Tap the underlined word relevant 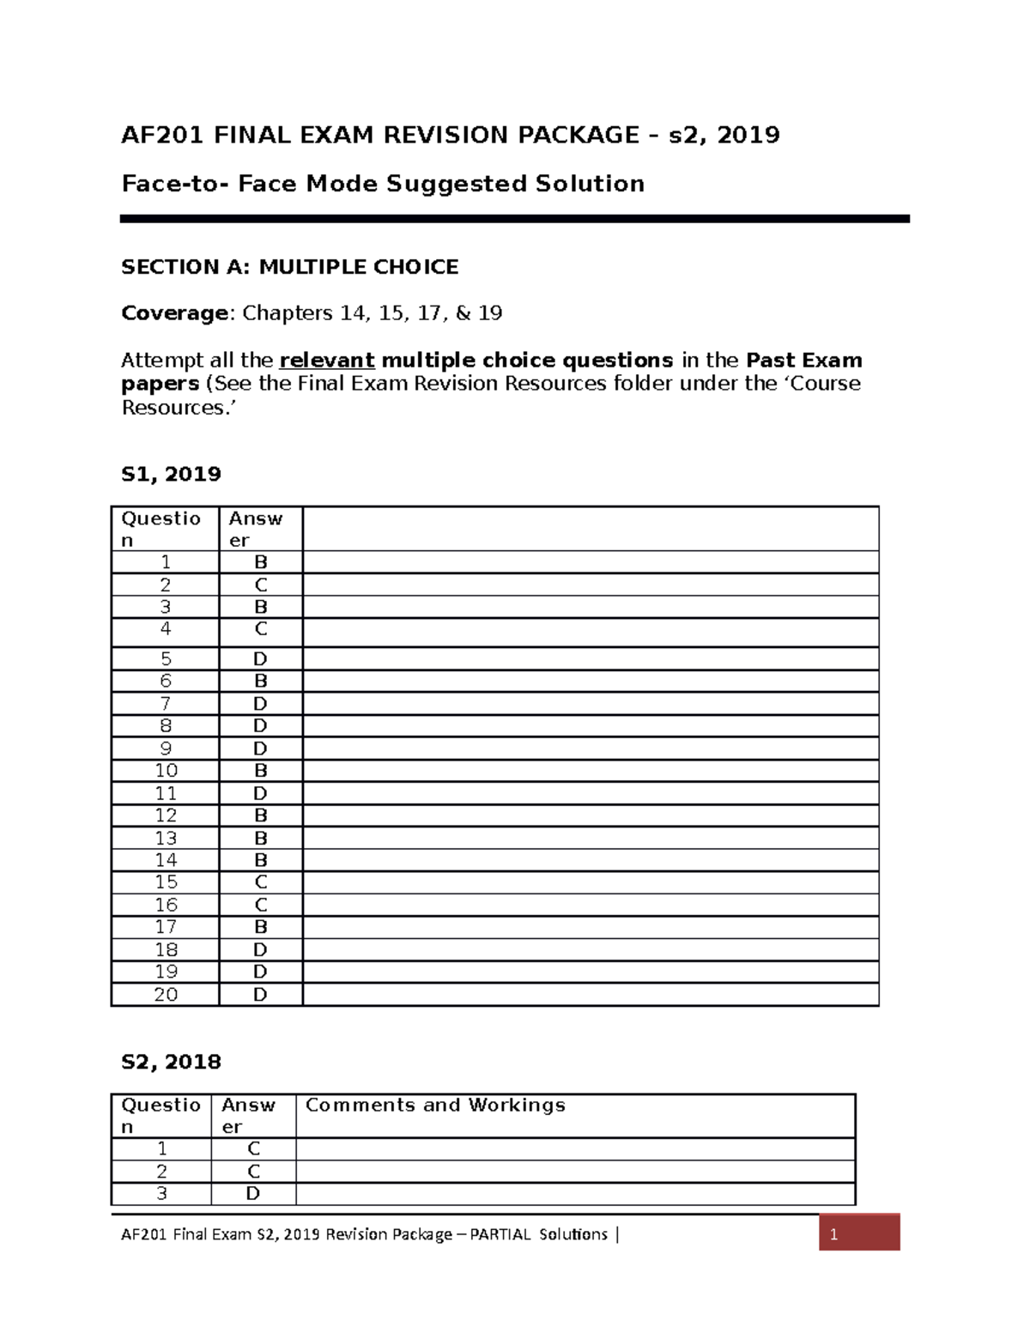[327, 361]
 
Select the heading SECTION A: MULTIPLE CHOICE [289, 267]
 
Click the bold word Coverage [174, 313]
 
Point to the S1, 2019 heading [171, 474]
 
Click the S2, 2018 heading [171, 1062]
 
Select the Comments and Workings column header [435, 1106]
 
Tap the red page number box [858, 1233]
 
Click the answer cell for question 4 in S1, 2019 [261, 630]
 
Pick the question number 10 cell [166, 771]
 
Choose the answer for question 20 [261, 995]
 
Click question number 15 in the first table [166, 882]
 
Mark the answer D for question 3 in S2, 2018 [253, 1194]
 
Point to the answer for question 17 [261, 927]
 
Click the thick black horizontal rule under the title [514, 219]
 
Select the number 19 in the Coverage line [489, 313]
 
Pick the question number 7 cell [166, 704]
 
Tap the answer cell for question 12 [261, 815]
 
